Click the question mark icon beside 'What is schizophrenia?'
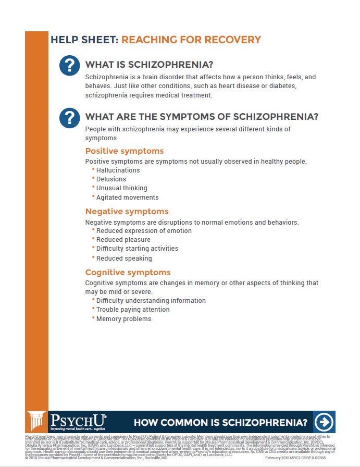69,66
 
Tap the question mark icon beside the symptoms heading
69,117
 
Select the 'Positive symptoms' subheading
124,151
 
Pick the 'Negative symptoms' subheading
127,212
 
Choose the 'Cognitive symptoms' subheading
128,273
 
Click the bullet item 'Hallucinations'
118,170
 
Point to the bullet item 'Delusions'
111,179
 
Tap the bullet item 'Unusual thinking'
121,188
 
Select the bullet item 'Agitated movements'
127,198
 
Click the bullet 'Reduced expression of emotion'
144,231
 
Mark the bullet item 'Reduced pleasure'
123,240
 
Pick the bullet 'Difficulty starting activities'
137,249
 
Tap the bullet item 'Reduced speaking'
124,259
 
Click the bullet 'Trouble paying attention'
133,310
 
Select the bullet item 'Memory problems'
123,319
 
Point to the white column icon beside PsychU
37,422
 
